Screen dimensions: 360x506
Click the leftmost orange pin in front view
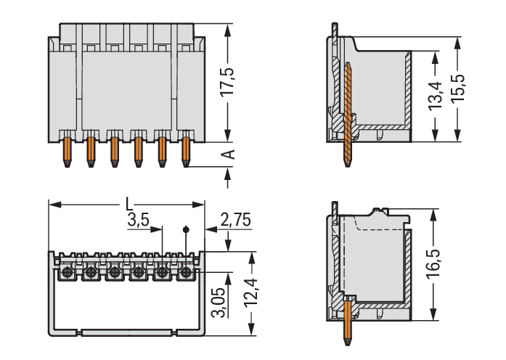67,150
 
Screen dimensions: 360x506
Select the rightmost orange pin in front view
186,150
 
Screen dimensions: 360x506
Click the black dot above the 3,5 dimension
186,229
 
